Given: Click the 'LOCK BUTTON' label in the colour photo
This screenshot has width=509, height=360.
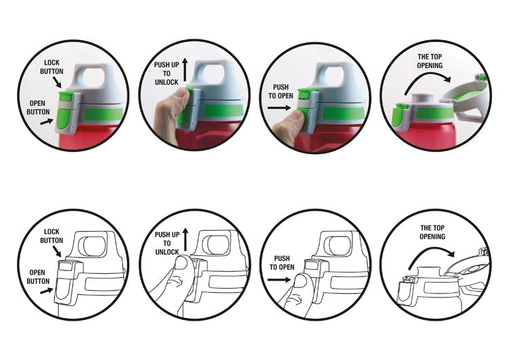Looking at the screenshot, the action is pyautogui.click(x=52, y=67).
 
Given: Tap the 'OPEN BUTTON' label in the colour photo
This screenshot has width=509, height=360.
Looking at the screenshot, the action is pyautogui.click(x=38, y=107).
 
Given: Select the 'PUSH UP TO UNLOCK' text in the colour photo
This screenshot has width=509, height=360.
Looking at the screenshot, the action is pyautogui.click(x=166, y=74).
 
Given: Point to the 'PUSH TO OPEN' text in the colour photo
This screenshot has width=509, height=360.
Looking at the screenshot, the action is pyautogui.click(x=281, y=92).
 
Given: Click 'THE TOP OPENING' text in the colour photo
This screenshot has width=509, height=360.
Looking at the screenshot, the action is pyautogui.click(x=430, y=61).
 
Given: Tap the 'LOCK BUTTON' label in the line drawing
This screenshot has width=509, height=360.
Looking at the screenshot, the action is pyautogui.click(x=52, y=236).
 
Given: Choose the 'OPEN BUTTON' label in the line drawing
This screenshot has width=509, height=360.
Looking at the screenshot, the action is pyautogui.click(x=38, y=277).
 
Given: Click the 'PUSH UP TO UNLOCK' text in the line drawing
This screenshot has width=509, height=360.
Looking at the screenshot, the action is pyautogui.click(x=167, y=243).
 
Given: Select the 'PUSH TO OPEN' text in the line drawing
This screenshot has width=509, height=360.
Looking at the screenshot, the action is pyautogui.click(x=282, y=263).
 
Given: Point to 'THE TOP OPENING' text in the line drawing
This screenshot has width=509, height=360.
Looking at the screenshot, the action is pyautogui.click(x=432, y=232).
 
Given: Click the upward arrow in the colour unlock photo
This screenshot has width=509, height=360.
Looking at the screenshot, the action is pyautogui.click(x=185, y=69).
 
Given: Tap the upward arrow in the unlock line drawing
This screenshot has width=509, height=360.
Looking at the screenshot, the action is pyautogui.click(x=185, y=240).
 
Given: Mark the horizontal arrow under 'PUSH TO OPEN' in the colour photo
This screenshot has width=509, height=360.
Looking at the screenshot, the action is pyautogui.click(x=279, y=107).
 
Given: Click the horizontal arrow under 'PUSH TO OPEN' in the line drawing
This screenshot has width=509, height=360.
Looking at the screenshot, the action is pyautogui.click(x=279, y=279).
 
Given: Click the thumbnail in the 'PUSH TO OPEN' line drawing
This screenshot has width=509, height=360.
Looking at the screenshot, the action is pyautogui.click(x=301, y=281).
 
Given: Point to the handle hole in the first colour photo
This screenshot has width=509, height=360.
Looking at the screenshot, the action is pyautogui.click(x=94, y=75).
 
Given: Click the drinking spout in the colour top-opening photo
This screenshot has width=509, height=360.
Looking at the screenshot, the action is pyautogui.click(x=422, y=98).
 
